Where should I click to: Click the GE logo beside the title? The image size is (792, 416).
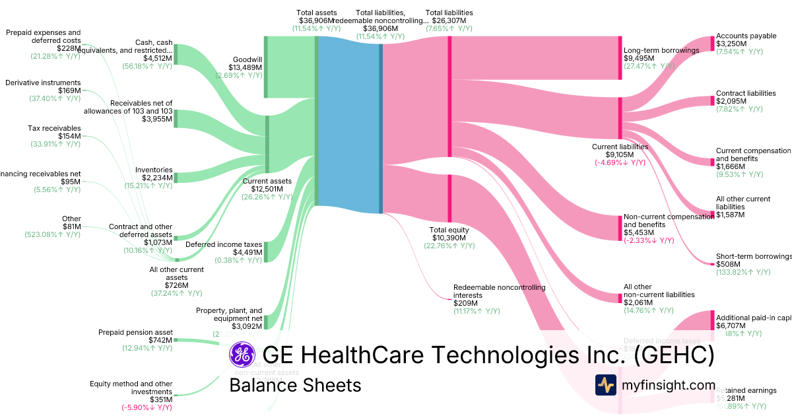(x=242, y=355)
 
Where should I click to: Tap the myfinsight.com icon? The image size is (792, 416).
(x=605, y=385)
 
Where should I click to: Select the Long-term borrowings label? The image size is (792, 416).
(x=661, y=50)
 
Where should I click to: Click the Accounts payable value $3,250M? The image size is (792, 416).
(x=731, y=44)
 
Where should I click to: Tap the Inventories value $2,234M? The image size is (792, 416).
(x=158, y=178)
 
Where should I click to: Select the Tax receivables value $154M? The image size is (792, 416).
(x=69, y=136)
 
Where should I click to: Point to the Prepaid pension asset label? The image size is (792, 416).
(x=135, y=332)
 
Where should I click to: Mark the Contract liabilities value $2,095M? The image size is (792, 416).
(x=731, y=101)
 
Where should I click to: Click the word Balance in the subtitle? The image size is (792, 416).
(x=259, y=385)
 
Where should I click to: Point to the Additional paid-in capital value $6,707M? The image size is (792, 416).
(x=731, y=326)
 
